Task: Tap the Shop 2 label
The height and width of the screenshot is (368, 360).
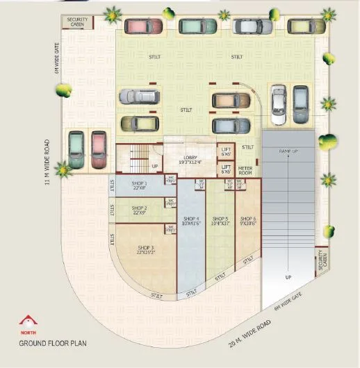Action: (139, 210)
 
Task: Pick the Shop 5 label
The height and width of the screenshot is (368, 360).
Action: (222, 221)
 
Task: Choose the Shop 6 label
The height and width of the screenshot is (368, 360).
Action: (247, 221)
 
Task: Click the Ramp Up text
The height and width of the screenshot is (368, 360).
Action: (288, 151)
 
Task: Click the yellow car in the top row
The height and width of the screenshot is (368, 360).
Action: (306, 26)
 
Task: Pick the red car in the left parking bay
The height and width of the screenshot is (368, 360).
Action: (98, 149)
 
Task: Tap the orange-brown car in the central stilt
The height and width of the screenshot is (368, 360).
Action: (230, 101)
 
